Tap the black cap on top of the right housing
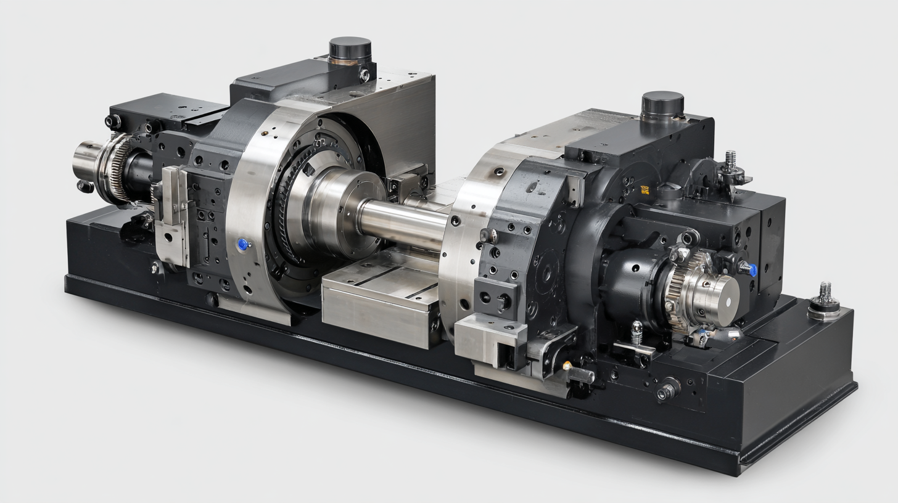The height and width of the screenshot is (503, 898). pyautogui.click(x=662, y=102)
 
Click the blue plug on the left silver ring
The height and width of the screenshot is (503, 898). pyautogui.click(x=242, y=245)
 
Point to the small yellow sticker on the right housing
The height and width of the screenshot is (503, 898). pyautogui.click(x=645, y=190)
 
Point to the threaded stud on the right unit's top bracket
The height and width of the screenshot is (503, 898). pyautogui.click(x=731, y=162)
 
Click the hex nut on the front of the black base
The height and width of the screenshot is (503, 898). pyautogui.click(x=666, y=390)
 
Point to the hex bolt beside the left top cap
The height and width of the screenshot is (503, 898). pyautogui.click(x=364, y=75)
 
